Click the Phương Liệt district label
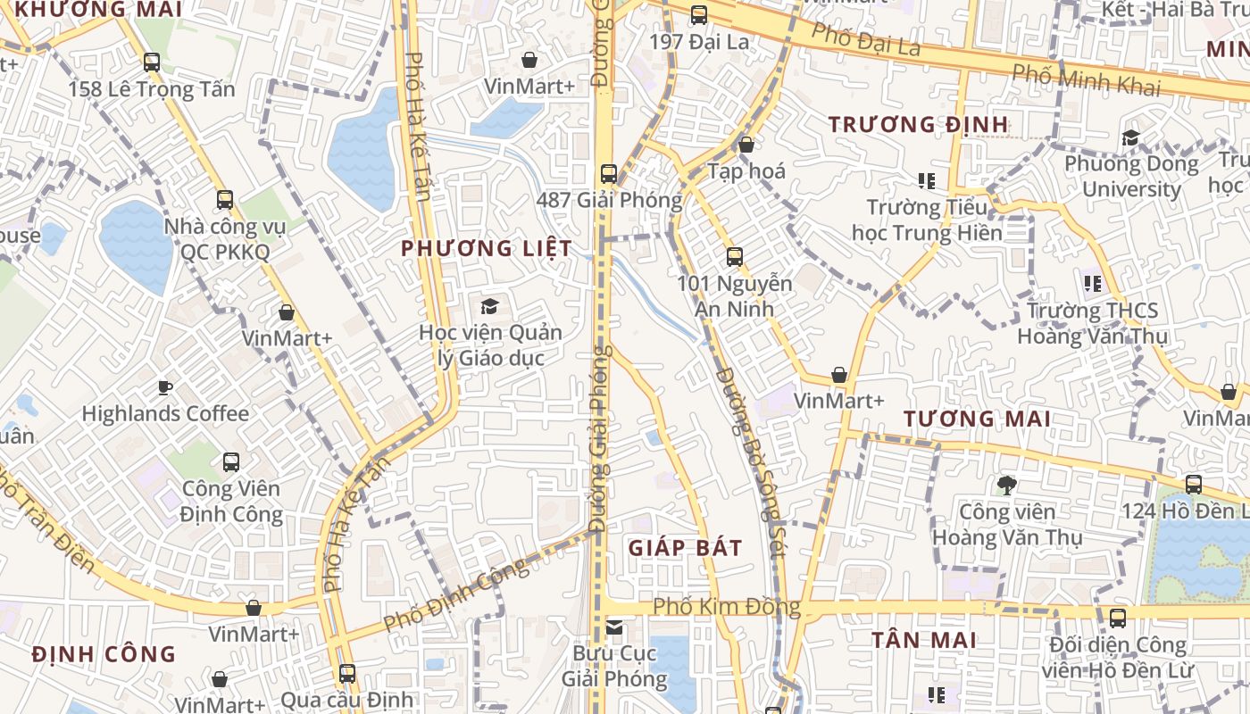click(x=487, y=248)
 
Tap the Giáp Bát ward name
click(x=685, y=548)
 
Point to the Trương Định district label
click(x=918, y=124)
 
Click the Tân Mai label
click(x=924, y=640)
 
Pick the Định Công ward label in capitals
click(x=104, y=654)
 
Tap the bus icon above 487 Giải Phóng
click(x=609, y=174)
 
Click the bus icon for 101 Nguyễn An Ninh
click(x=735, y=257)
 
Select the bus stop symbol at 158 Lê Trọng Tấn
click(x=152, y=62)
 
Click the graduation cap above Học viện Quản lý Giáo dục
click(x=489, y=307)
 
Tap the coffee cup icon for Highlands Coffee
click(x=164, y=387)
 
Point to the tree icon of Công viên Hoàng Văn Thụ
click(x=1006, y=486)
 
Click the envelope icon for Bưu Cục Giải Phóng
click(x=614, y=627)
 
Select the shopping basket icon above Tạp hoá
click(x=746, y=145)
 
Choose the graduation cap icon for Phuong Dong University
click(x=1130, y=137)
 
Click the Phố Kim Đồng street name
click(x=726, y=607)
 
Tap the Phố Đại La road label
click(x=865, y=38)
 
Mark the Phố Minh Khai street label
click(x=1086, y=79)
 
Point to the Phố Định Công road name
click(x=456, y=594)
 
